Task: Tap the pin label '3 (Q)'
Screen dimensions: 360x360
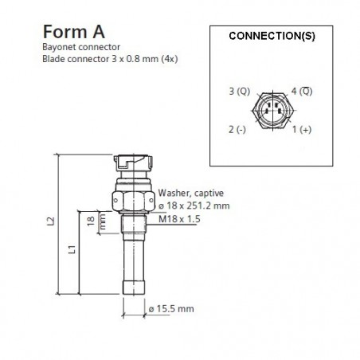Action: (240, 91)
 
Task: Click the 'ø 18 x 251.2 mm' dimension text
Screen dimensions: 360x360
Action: (194, 205)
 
